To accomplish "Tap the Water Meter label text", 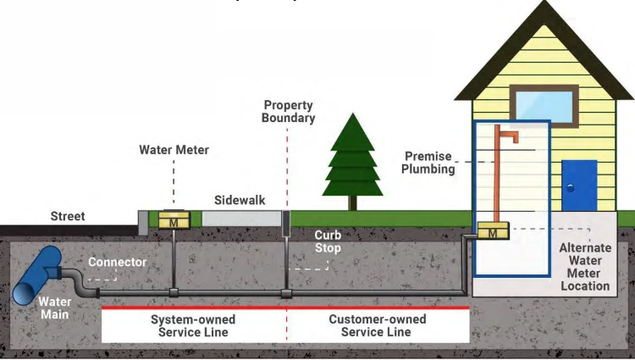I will tap(174, 150).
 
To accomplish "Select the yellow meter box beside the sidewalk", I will tap(174, 219).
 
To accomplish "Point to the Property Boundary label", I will tap(288, 112).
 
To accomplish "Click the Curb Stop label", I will tap(328, 241).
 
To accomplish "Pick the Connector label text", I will tap(117, 262).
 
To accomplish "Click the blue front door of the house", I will tap(579, 186).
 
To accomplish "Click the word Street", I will tap(68, 216).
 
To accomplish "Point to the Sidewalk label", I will tap(240, 200).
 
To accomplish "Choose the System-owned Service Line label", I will tap(193, 326).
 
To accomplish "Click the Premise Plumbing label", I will tap(429, 163).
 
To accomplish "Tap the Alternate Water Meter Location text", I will tap(585, 267).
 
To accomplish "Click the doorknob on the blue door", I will tap(571, 187).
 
